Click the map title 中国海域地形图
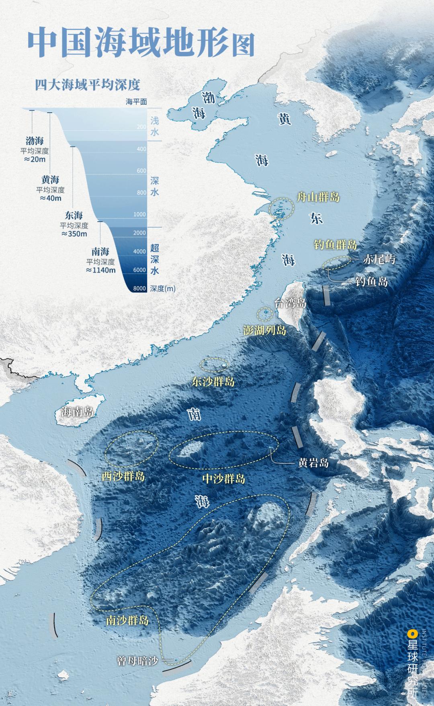pyautogui.click(x=141, y=42)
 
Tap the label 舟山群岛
pyautogui.click(x=318, y=197)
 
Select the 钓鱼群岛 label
pyautogui.click(x=336, y=244)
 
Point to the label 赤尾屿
pyautogui.click(x=379, y=259)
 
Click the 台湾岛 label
pyautogui.click(x=290, y=303)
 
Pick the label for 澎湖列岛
pyautogui.click(x=265, y=330)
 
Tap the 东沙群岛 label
pyautogui.click(x=213, y=381)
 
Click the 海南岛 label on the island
pyautogui.click(x=78, y=412)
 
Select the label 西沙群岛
pyautogui.click(x=123, y=476)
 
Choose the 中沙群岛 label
pyautogui.click(x=223, y=478)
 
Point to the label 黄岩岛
pyautogui.click(x=313, y=463)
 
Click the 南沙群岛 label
pyautogui.click(x=127, y=620)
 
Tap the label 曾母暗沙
pyautogui.click(x=137, y=661)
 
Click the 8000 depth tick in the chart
pyautogui.click(x=139, y=288)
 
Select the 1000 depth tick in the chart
pyautogui.click(x=139, y=214)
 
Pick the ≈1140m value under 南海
pyautogui.click(x=100, y=270)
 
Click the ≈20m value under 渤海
pyautogui.click(x=35, y=159)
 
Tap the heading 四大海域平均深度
pyautogui.click(x=87, y=85)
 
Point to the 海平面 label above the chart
pyautogui.click(x=136, y=102)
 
